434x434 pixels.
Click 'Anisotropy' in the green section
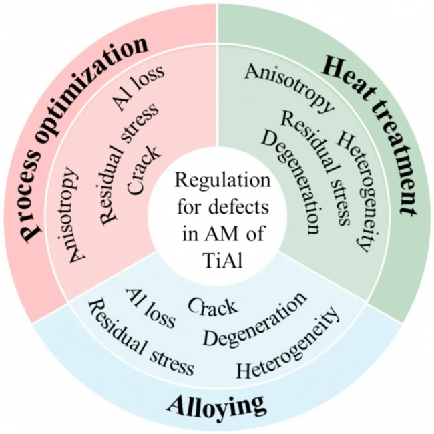coord(288,87)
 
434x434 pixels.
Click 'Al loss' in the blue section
coord(151,308)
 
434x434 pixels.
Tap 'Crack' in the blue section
coord(212,306)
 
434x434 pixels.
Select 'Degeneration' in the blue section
coord(256,320)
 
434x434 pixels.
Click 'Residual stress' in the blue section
coord(141,337)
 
